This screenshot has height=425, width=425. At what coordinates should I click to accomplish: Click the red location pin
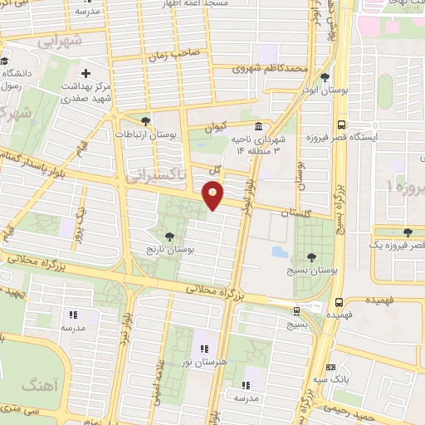coord(212,196)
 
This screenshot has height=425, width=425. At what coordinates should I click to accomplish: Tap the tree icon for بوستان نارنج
coord(170,237)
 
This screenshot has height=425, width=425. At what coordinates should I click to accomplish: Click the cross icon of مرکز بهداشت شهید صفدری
coord(86,74)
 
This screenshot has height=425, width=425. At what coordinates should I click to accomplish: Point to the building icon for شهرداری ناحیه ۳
coord(259,126)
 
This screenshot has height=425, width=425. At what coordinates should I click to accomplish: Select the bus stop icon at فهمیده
coord(338,303)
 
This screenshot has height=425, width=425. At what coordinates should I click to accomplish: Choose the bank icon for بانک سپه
coord(331,367)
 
